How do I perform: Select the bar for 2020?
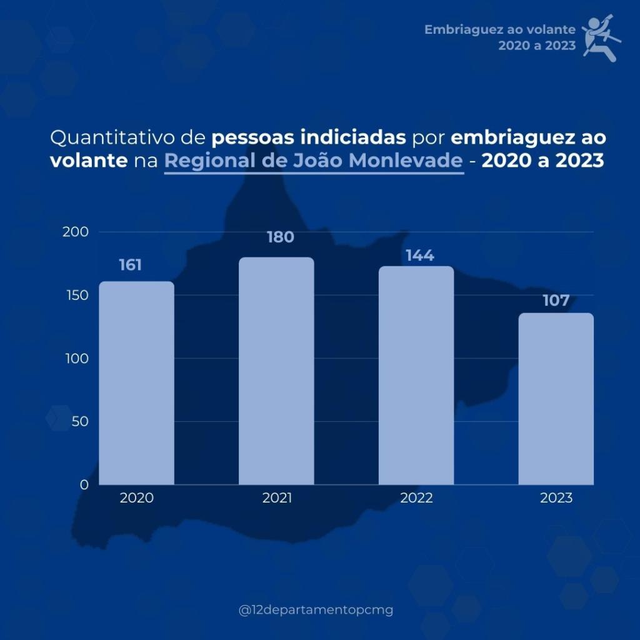[x=137, y=382]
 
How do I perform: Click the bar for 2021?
[x=277, y=371]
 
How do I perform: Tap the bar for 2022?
[x=416, y=375]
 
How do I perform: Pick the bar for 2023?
[x=556, y=399]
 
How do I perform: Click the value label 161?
[x=131, y=265]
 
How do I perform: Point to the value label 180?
[x=280, y=237]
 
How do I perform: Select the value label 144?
[x=419, y=256]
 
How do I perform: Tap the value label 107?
[x=556, y=301]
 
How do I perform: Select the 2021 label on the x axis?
[x=277, y=498]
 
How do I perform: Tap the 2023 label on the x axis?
[x=556, y=498]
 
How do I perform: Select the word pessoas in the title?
[x=256, y=137]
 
